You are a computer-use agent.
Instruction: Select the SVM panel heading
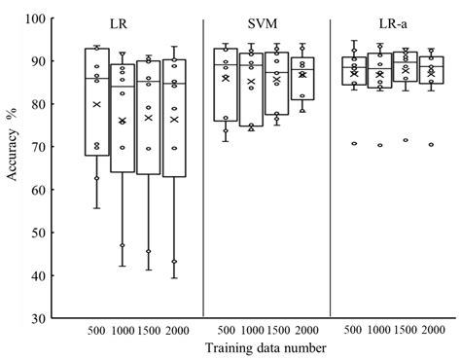264,22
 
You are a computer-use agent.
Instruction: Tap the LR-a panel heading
394,22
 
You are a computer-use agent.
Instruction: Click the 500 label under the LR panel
95,331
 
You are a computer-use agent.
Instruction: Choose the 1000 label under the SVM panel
250,331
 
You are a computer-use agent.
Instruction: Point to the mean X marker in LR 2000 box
175,119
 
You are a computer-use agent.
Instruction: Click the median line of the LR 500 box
96,78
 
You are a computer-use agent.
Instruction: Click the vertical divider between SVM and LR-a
331,165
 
